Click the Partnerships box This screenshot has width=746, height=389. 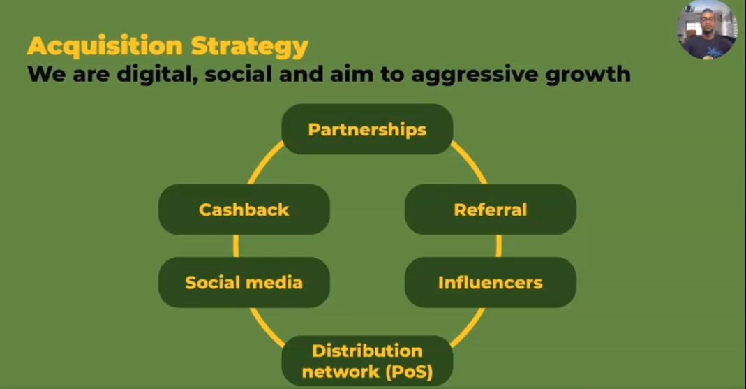tap(367, 130)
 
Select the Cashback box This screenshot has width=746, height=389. tap(244, 210)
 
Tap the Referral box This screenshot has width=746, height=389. tap(490, 210)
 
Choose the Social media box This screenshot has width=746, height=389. tap(244, 282)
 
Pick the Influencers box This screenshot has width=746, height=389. tap(490, 282)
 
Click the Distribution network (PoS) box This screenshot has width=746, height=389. tap(367, 360)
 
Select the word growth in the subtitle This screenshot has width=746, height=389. tap(590, 73)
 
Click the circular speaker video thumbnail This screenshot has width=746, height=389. tap(706, 29)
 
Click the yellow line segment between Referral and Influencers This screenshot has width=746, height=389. tap(498, 246)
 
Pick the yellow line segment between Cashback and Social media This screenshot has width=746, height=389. tap(236, 246)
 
